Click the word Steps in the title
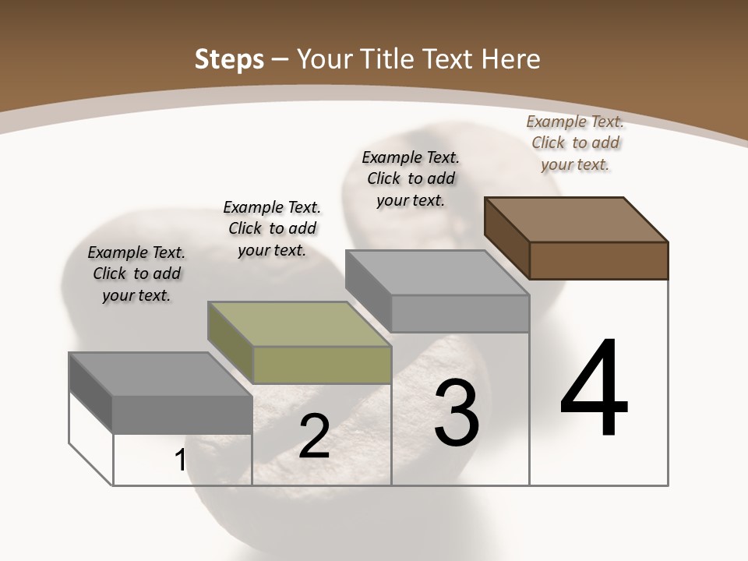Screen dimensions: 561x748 point(228,59)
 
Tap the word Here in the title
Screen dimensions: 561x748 point(511,59)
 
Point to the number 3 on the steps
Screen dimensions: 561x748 point(456,413)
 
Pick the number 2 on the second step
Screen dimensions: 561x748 point(314,436)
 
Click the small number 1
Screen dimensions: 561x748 point(180,460)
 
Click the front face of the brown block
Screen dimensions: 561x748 point(598,260)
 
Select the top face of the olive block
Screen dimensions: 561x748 point(298,323)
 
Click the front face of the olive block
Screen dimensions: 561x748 point(322,365)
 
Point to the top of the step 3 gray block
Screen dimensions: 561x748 point(436,272)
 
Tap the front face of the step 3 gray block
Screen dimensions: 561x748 point(460,313)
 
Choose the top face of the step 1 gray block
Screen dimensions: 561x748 point(160,374)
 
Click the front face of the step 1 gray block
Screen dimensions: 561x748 point(182,415)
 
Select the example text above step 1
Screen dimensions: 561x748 point(136,273)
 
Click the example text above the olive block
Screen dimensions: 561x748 point(272,228)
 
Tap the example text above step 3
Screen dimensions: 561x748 point(411,178)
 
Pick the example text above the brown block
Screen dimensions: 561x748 point(575,143)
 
